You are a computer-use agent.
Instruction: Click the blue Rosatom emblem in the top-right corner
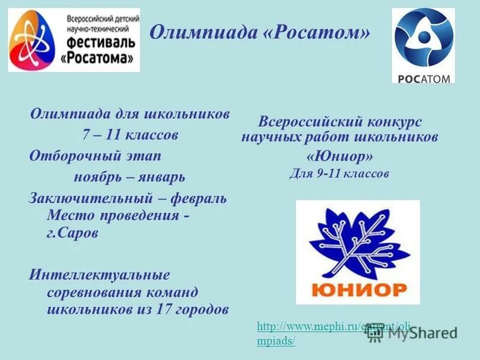tap(423, 39)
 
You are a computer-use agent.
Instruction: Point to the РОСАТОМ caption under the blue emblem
tap(423, 78)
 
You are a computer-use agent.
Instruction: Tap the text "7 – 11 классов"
tap(130, 134)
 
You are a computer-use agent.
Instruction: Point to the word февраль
tap(200, 198)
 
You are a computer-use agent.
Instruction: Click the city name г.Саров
tap(72, 233)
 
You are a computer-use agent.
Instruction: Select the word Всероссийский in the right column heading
tap(305, 122)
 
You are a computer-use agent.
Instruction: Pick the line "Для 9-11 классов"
tap(340, 174)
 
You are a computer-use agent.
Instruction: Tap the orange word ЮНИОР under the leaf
tap(359, 290)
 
